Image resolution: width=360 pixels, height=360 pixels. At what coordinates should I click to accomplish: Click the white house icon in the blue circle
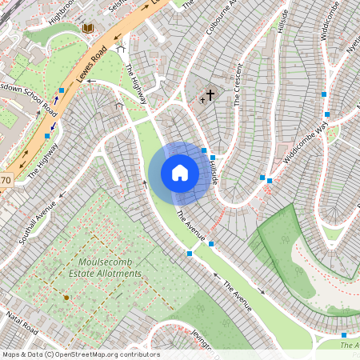[x=180, y=173]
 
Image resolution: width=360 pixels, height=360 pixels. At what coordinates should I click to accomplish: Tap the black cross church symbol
[x=210, y=96]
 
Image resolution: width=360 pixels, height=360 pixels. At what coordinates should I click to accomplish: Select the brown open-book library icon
[x=87, y=29]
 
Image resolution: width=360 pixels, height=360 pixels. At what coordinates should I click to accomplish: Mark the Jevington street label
[x=201, y=342]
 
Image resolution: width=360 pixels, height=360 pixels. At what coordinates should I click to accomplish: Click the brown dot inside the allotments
[x=66, y=298]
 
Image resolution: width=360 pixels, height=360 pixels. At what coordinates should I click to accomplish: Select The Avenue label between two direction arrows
[x=238, y=296]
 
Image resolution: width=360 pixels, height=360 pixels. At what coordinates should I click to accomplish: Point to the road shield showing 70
[x=6, y=180]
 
